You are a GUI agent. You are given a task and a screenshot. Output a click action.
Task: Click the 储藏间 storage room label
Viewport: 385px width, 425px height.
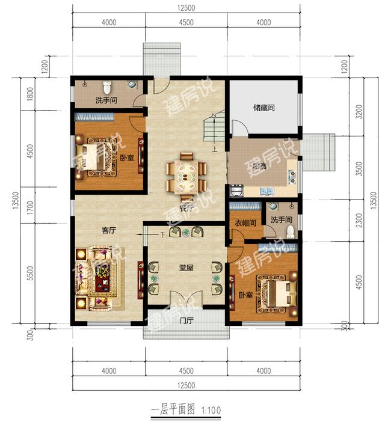click(264, 108)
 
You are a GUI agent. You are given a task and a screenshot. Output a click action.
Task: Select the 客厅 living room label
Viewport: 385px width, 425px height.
click(108, 229)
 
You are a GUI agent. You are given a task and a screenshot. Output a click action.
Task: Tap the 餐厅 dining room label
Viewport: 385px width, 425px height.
click(186, 208)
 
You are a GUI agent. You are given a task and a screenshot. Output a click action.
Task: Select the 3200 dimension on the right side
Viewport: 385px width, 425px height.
click(360, 112)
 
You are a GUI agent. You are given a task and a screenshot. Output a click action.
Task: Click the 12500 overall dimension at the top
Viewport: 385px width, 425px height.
click(186, 7)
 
